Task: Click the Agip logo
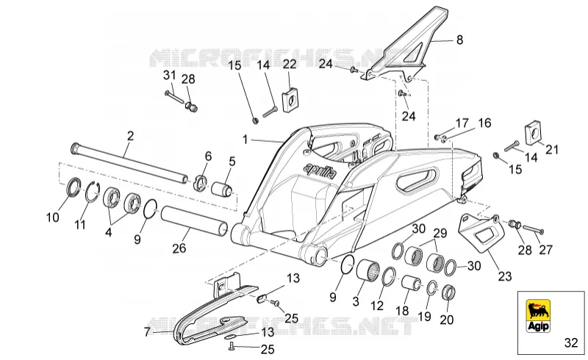coord(539,316)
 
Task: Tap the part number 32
coord(571,343)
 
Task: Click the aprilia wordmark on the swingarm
coord(320,170)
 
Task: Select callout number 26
coord(179,248)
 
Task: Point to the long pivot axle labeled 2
coord(130,163)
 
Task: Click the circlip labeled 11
coord(91,192)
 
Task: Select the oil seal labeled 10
coord(73,187)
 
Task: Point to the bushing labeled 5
coord(223,187)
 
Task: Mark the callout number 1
coord(245,140)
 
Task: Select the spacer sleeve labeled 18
coord(412,284)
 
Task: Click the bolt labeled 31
coord(174,97)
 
